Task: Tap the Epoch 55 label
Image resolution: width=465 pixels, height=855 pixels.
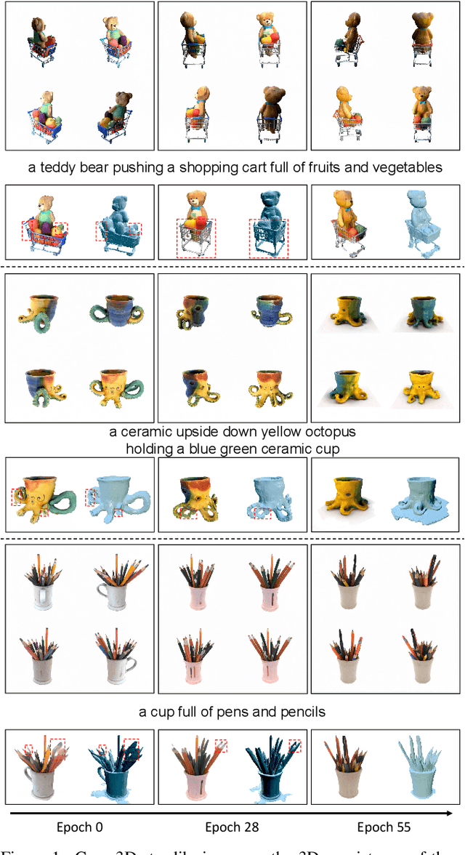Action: pos(384,827)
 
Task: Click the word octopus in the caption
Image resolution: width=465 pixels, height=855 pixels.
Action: pos(331,433)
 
